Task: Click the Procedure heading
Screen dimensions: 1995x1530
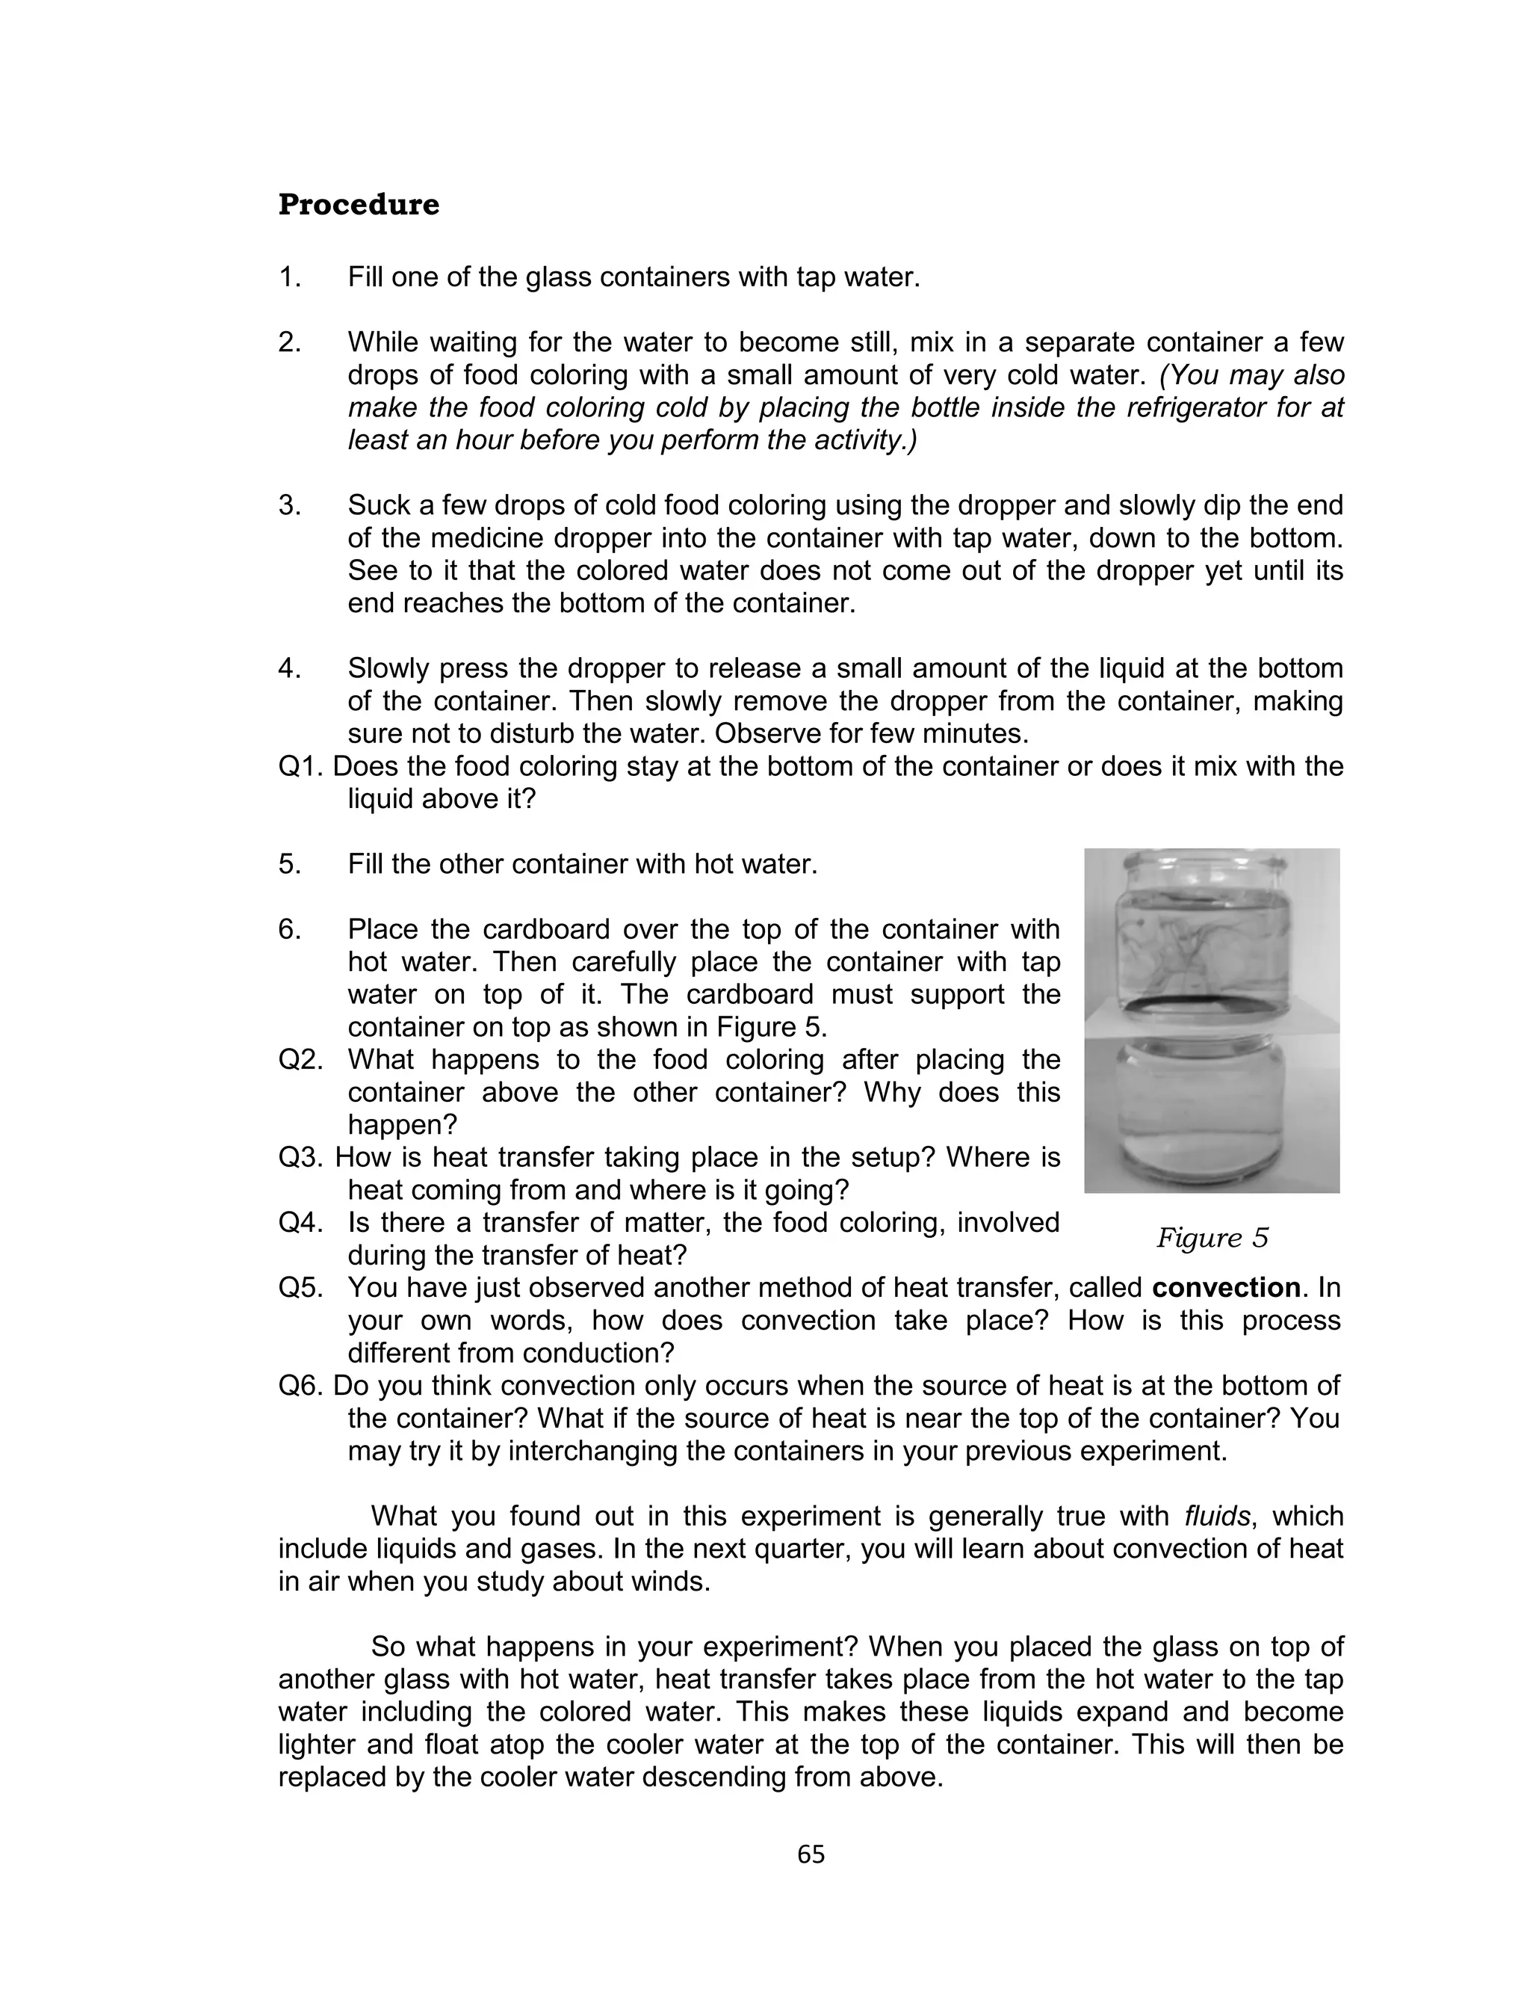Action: tap(358, 205)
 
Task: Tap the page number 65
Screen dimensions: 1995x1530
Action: tap(811, 1854)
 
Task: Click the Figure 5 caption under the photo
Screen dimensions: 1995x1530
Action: tap(1211, 1238)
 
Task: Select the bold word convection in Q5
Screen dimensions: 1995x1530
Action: tap(1226, 1288)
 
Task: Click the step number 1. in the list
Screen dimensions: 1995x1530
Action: tap(290, 277)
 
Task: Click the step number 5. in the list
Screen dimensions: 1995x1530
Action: tap(290, 863)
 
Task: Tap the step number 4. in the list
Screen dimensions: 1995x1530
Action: tap(290, 669)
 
